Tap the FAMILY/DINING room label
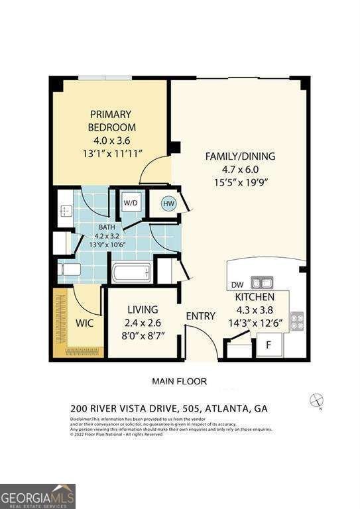pos(239,156)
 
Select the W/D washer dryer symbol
pos(130,203)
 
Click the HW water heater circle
pos(168,203)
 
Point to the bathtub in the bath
pos(132,272)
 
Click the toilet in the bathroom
pos(69,269)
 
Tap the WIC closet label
pos(84,323)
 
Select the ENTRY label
pos(200,316)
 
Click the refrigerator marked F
pos(269,345)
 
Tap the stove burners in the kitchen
pos(297,321)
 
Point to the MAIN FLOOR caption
pos(179,381)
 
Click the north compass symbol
pos(317,400)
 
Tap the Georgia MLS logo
pos(38,496)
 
